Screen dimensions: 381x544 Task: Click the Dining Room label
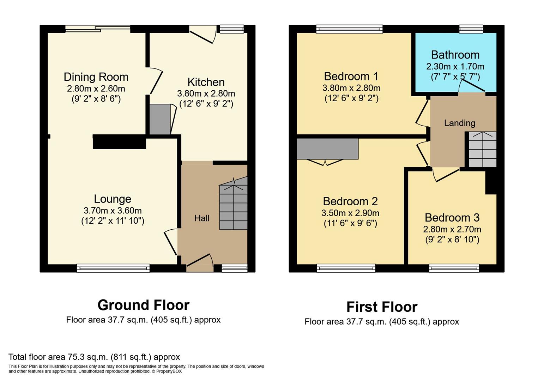coord(96,77)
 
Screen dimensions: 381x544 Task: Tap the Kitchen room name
coord(206,82)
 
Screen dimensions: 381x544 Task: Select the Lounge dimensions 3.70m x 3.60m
coord(113,211)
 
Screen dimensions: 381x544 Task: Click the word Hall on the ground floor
coord(202,218)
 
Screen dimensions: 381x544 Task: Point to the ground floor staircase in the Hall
coord(233,205)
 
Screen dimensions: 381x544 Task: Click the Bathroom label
coord(455,55)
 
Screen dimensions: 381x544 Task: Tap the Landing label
coord(459,123)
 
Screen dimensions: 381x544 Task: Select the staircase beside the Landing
coord(482,149)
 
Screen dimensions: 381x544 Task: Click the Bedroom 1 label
coord(351,76)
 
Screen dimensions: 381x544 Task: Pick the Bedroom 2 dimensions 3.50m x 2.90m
coord(350,213)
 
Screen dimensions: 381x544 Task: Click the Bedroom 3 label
coord(452,218)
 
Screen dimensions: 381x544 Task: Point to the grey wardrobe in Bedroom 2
coord(327,149)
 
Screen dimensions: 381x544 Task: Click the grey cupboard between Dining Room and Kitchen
coord(160,119)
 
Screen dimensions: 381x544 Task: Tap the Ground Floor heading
coord(143,305)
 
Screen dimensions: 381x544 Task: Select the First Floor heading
coord(382,307)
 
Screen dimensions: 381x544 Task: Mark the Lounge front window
coord(113,268)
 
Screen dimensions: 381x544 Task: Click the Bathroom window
coord(471,29)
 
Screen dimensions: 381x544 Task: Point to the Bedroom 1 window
coord(349,29)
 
